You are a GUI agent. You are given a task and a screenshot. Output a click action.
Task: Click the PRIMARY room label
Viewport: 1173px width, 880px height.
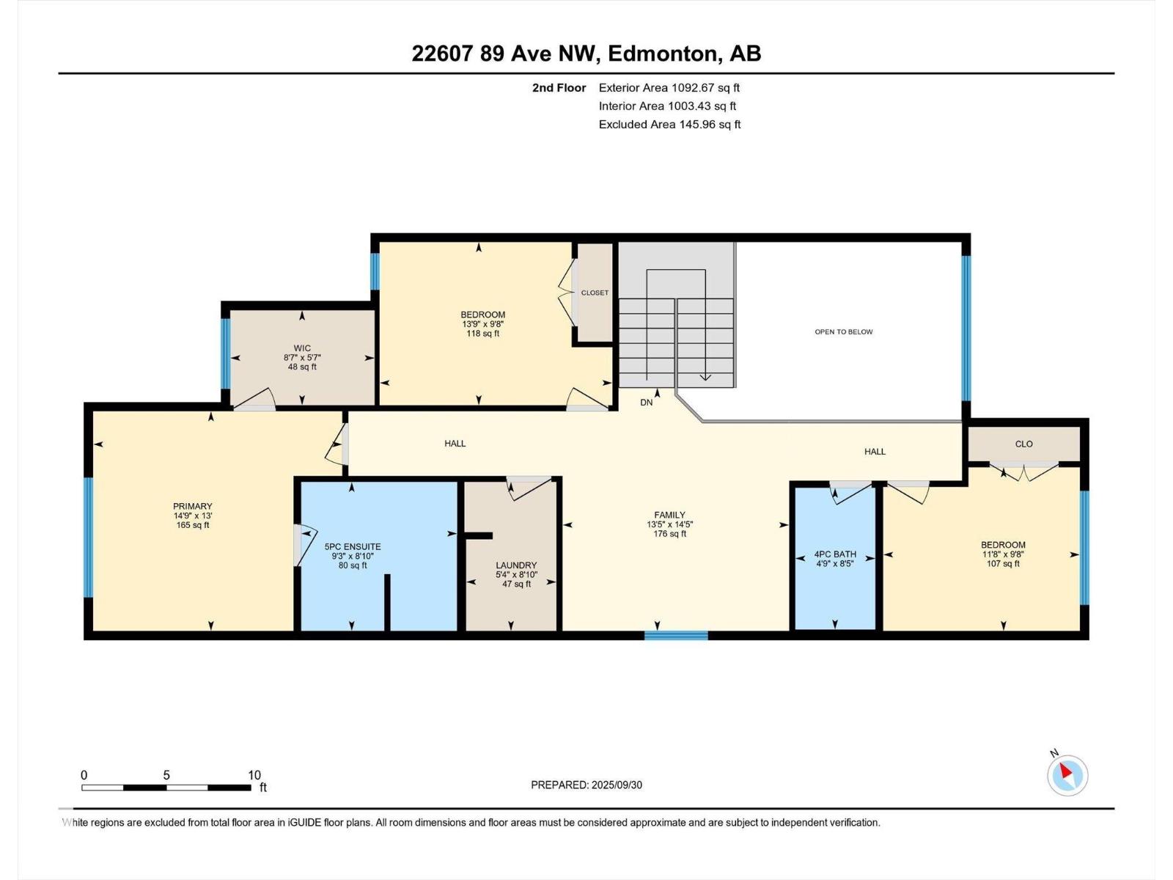192,506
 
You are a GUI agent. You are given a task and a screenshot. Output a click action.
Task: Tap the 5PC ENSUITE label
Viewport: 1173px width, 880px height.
353,546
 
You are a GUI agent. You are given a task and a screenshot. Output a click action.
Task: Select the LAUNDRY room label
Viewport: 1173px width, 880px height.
516,565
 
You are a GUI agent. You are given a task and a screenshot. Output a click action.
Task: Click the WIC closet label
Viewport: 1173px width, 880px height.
302,348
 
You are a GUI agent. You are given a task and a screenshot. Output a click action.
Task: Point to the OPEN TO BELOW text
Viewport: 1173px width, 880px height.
844,331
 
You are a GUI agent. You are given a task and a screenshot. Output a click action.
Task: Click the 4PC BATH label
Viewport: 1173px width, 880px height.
835,554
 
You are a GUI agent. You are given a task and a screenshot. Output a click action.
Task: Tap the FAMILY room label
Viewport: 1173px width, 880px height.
669,515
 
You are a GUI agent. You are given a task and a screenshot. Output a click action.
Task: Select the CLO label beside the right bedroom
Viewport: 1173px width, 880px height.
1023,444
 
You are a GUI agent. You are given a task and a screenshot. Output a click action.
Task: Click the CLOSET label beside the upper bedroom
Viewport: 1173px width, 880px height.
595,293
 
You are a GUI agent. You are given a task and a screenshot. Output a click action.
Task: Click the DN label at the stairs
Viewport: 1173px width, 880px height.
646,403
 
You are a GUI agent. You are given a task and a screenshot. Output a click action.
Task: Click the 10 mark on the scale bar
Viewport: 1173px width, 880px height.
254,775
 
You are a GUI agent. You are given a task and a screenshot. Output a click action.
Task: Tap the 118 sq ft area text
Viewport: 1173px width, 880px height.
482,334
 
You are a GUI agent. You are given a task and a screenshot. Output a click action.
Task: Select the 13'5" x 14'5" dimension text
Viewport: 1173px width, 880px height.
669,524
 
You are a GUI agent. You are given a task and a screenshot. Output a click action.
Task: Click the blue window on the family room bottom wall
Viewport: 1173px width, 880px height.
676,636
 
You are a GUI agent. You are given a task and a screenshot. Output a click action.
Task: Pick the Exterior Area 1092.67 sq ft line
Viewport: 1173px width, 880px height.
669,87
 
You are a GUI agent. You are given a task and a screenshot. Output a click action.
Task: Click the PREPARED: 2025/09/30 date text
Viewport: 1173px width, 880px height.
586,785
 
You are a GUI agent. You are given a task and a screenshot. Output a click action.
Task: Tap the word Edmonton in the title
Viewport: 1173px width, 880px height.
661,54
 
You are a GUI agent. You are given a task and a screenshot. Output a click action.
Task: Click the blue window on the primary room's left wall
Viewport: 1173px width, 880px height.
88,538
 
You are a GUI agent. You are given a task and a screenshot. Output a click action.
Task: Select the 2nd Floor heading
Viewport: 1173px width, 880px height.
559,87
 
